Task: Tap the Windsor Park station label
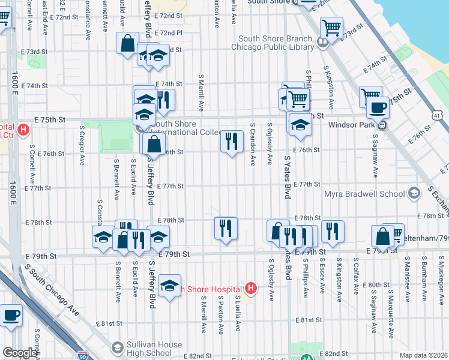click(x=352, y=125)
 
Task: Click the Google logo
click(x=19, y=353)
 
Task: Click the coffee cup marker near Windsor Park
click(x=377, y=108)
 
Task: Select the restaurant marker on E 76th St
click(x=231, y=142)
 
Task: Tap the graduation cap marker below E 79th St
click(x=170, y=286)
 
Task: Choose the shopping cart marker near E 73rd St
click(x=331, y=28)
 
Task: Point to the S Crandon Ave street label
click(x=253, y=144)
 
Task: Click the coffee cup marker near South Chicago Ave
click(x=11, y=314)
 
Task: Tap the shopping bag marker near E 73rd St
click(x=127, y=44)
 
